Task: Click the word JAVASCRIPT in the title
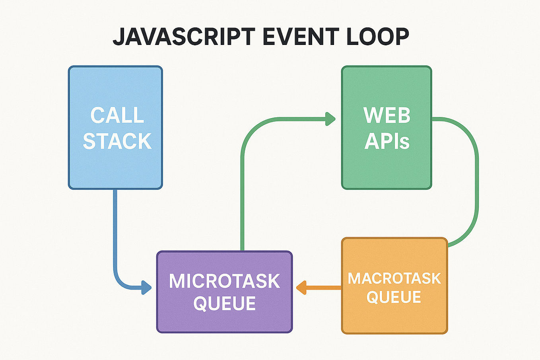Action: [x=184, y=37]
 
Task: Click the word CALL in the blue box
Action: [x=117, y=115]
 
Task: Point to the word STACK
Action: [x=117, y=141]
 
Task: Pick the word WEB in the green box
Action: [x=387, y=115]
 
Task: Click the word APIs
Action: [x=387, y=141]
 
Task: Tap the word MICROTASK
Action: [x=225, y=281]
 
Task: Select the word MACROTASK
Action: [x=394, y=278]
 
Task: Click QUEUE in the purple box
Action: [x=225, y=304]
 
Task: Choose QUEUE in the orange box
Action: [x=394, y=297]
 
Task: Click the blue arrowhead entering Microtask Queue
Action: [x=147, y=287]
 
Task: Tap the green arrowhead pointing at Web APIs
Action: [x=330, y=119]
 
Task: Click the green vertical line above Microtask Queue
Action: [x=242, y=199]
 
